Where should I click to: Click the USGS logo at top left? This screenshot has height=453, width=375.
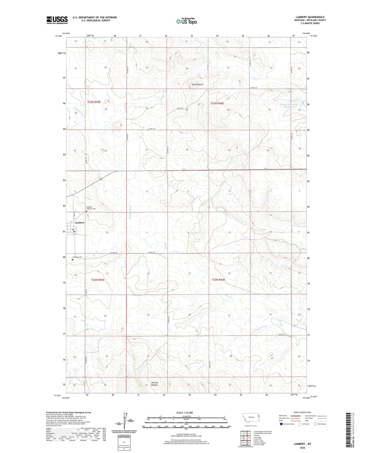57,20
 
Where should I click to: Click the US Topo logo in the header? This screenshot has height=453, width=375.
186,21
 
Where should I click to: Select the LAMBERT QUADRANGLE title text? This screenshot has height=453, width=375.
310,17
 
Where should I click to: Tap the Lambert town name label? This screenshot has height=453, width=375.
79,223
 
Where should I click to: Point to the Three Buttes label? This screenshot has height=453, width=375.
197,85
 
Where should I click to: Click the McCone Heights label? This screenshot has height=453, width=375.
154,384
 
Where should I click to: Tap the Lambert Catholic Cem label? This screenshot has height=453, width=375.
91,208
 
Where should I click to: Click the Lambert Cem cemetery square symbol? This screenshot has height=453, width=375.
73,259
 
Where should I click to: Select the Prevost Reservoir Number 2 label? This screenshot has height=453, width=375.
289,106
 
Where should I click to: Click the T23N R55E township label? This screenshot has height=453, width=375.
94,102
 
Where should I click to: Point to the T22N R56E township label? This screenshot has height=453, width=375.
218,280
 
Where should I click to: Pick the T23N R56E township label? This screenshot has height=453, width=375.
217,103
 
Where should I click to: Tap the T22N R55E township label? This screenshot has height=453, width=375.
98,280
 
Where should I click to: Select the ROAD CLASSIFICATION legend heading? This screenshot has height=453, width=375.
302,412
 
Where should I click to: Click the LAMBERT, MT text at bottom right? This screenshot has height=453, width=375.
302,444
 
